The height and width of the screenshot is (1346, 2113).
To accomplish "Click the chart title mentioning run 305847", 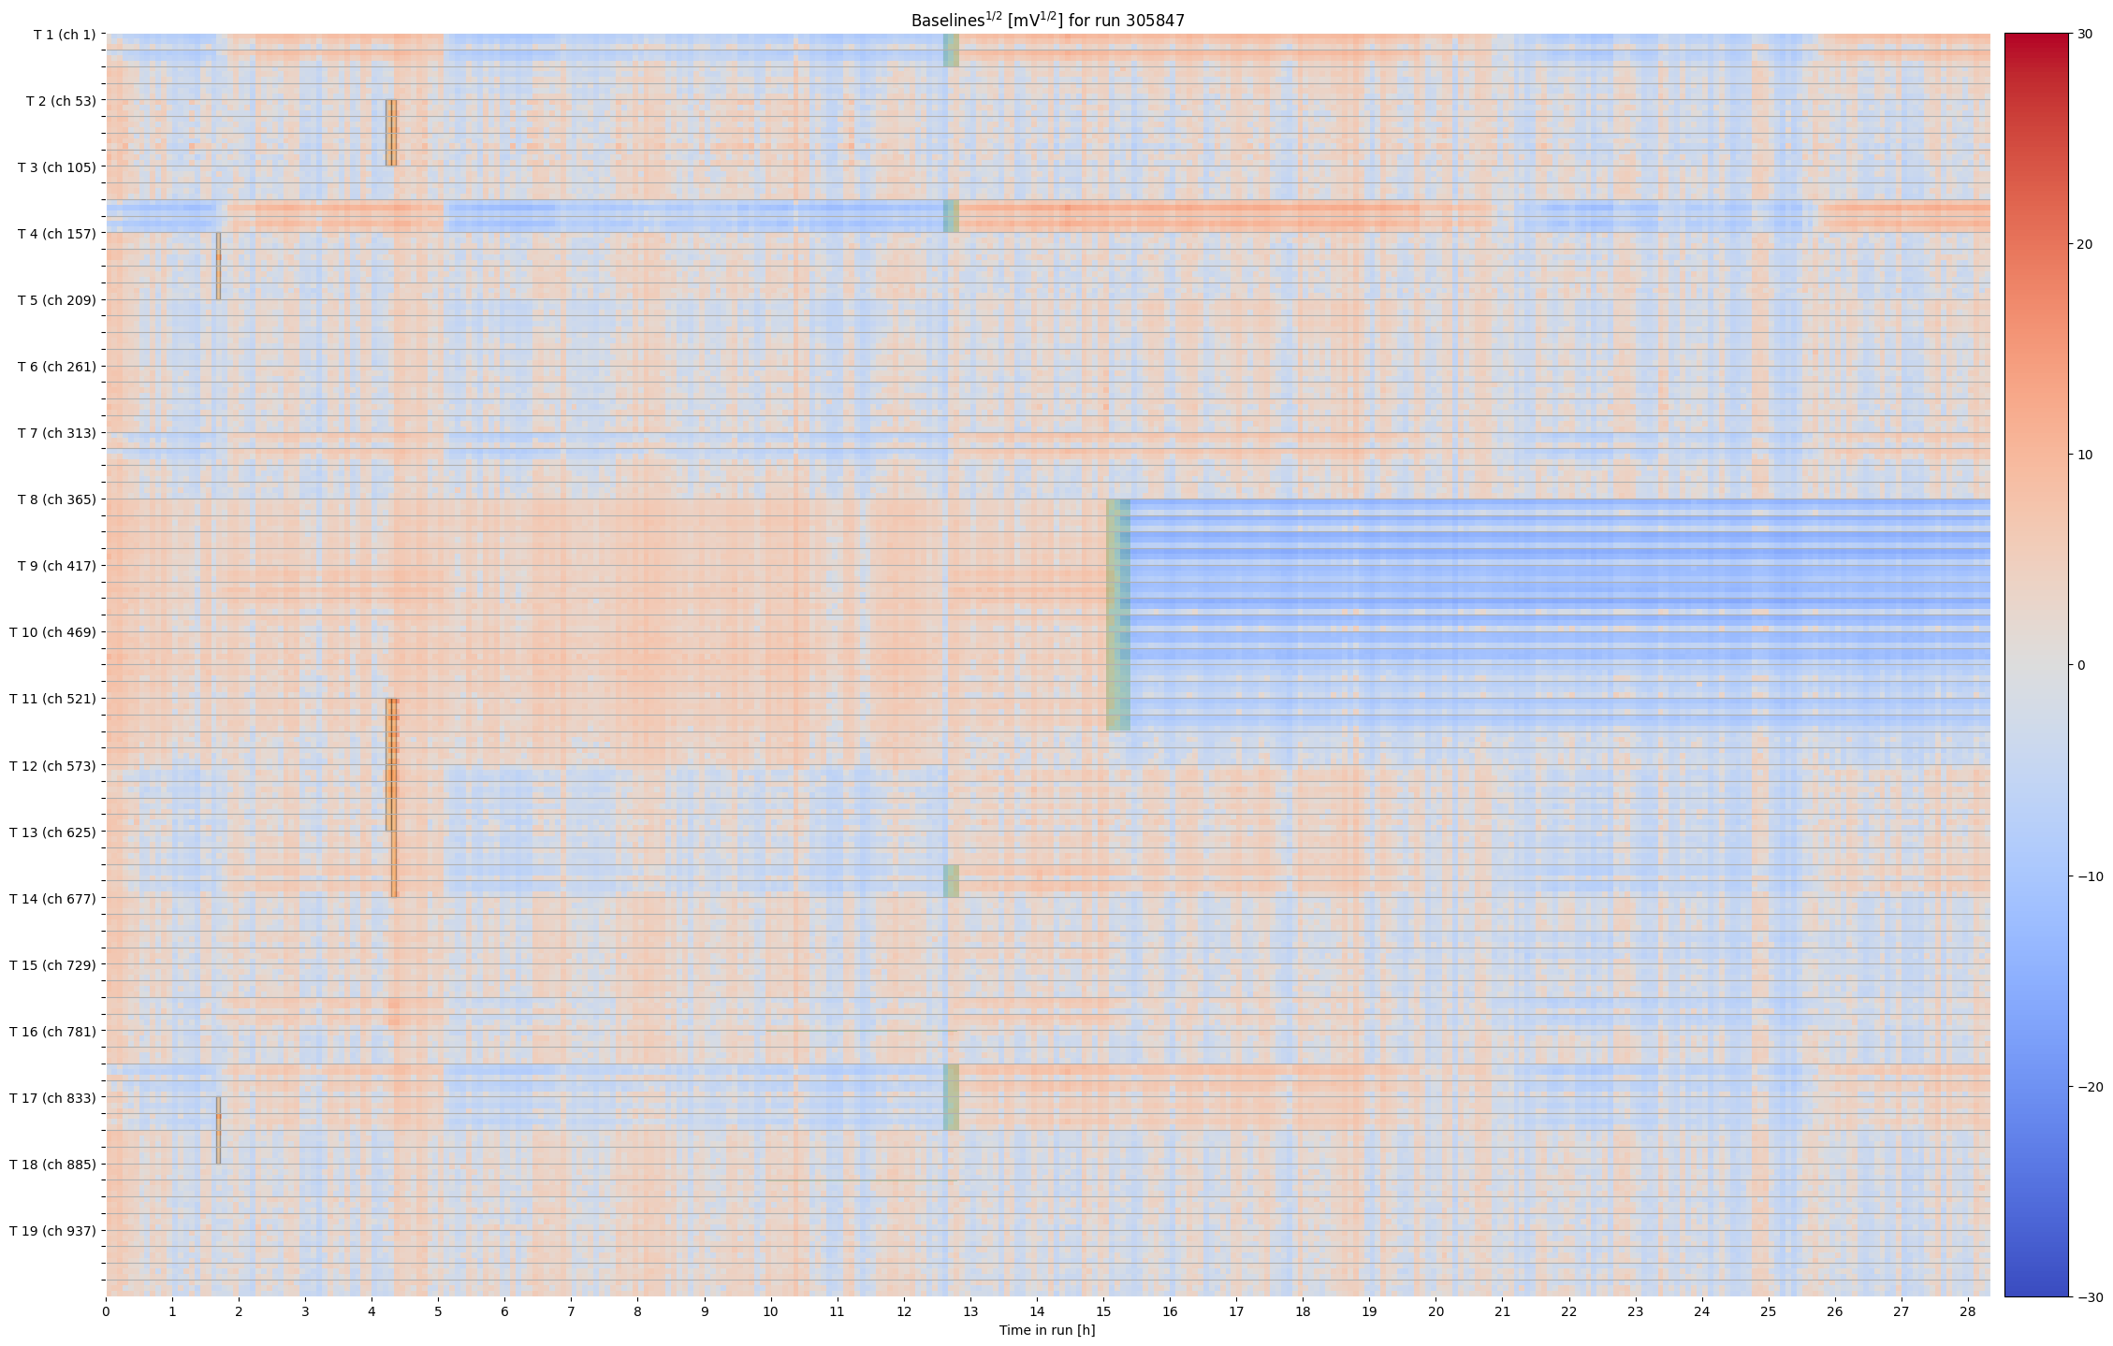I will point(1047,21).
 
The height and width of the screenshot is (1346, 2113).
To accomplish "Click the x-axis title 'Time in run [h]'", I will point(1047,1330).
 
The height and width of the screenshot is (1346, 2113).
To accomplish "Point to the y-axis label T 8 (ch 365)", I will point(56,499).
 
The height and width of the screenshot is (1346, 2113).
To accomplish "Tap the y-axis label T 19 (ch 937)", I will point(52,1231).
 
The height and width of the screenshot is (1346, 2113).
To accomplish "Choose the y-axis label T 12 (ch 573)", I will point(52,766).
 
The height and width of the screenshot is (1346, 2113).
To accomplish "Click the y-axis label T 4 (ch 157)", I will point(56,234).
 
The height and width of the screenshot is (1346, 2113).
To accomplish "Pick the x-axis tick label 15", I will point(1103,1311).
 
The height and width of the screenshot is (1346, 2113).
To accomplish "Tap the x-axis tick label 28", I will point(1967,1311).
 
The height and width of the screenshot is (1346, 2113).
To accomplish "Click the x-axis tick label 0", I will point(106,1311).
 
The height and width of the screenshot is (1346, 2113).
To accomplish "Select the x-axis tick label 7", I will point(571,1311).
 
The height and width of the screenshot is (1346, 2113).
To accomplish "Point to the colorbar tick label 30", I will point(2085,35).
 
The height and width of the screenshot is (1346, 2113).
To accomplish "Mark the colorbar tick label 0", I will point(2081,666).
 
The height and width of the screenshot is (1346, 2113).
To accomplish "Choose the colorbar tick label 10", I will point(2085,456).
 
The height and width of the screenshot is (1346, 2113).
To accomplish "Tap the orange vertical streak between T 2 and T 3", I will point(391,133).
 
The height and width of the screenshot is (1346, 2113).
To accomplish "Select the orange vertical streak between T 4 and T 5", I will point(218,267).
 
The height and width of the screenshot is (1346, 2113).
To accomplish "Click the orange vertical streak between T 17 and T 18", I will point(218,1130).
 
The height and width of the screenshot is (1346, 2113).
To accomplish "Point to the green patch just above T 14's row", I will point(951,881).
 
